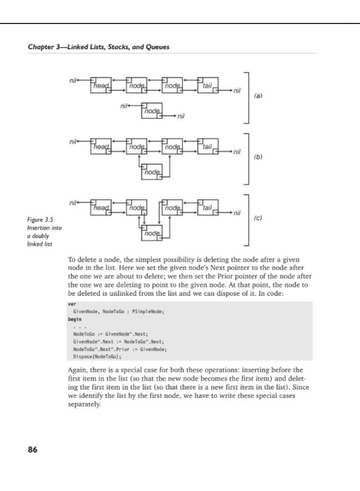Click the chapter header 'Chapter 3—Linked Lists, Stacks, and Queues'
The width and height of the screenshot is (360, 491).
point(98,47)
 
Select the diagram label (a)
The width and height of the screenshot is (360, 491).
point(259,95)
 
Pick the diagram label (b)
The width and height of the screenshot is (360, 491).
point(259,157)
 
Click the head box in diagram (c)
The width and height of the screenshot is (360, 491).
point(101,207)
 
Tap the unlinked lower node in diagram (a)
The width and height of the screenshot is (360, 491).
point(152,110)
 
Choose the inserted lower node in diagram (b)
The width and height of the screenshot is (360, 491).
point(152,172)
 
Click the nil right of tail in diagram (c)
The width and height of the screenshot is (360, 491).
point(236,213)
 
